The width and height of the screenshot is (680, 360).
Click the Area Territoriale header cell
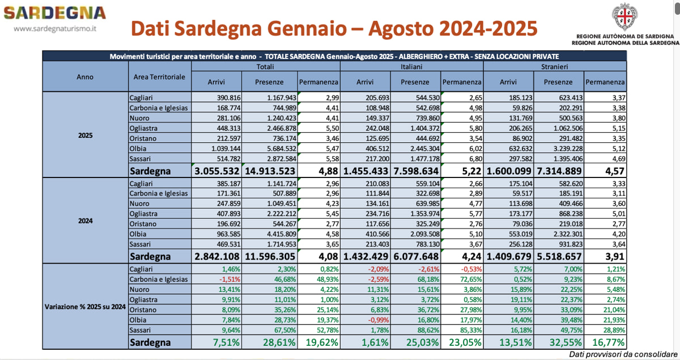(x=159, y=77)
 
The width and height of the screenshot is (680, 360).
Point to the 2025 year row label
(x=85, y=136)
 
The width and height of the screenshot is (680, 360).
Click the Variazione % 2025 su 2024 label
(x=85, y=307)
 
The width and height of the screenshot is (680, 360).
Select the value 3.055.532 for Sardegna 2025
(x=218, y=171)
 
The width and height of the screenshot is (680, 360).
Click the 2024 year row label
(x=85, y=222)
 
